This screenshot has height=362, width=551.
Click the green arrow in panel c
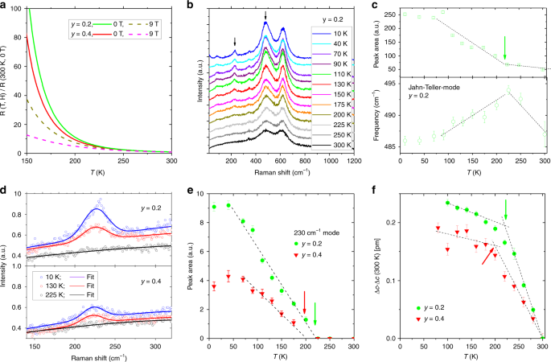point(505,47)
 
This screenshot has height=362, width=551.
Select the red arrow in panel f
point(488,256)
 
